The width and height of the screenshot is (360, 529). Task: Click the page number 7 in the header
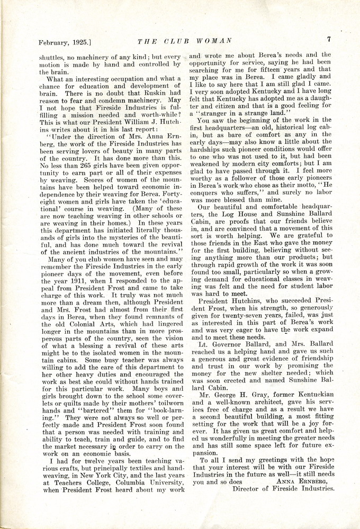coord(329,39)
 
